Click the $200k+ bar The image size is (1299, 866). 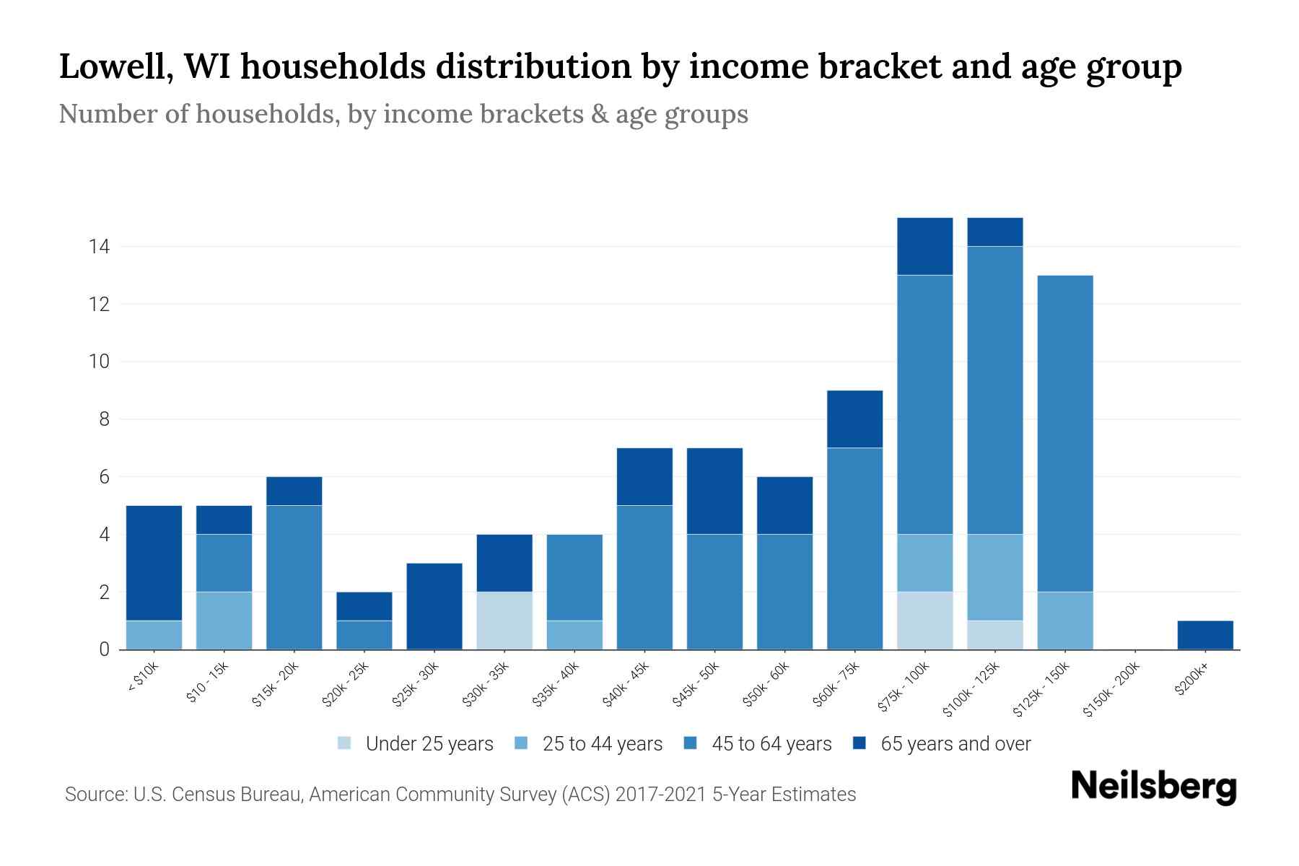coord(1204,635)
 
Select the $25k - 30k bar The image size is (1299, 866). coord(434,606)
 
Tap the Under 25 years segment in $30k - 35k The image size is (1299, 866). coord(504,621)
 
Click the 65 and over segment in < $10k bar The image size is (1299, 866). coord(154,563)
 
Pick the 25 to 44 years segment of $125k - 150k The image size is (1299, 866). coord(1064,621)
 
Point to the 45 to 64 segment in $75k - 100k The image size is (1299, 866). coord(924,404)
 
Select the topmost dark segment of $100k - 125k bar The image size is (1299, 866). coord(994,232)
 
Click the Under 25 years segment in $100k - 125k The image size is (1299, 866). coord(994,635)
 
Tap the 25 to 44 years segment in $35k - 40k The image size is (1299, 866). coord(574,635)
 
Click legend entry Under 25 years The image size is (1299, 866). coord(429,744)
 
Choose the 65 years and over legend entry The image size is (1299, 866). coord(955,744)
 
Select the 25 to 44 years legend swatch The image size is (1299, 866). coord(521,743)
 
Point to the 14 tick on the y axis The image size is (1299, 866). coord(99,247)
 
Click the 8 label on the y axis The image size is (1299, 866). coord(104,419)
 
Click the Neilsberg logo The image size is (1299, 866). coord(1153,787)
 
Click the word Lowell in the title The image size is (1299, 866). coord(115,67)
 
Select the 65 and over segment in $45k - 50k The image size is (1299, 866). coord(714,491)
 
